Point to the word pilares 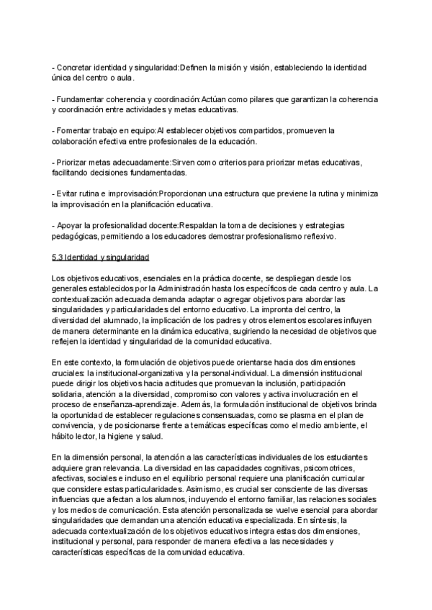coord(263,99)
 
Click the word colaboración coord(78,141)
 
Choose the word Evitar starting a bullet coord(68,194)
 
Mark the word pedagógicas coord(78,236)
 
